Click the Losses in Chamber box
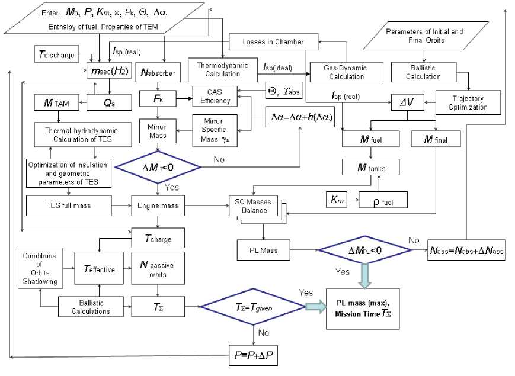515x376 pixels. click(273, 43)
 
